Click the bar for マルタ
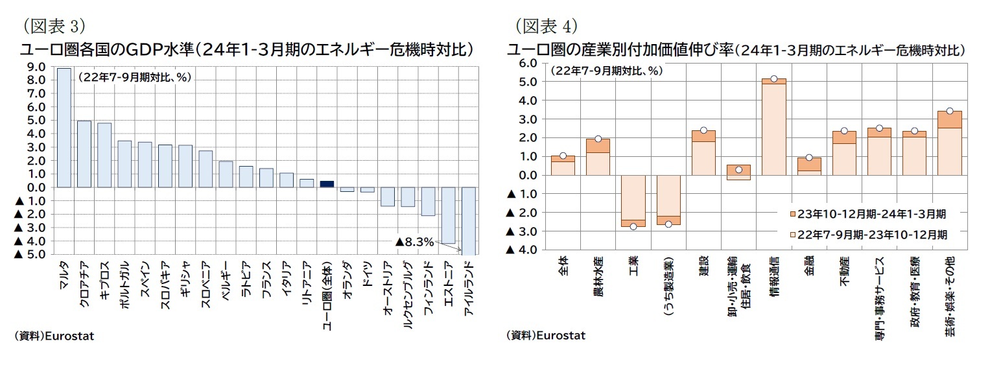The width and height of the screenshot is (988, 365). tap(64, 128)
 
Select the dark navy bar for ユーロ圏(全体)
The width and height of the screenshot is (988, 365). tap(327, 184)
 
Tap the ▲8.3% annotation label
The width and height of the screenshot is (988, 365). tap(414, 242)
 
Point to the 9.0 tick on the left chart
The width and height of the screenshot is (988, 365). tap(36, 66)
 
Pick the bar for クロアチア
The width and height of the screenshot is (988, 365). tap(84, 154)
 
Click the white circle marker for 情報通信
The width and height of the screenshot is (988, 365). tap(773, 79)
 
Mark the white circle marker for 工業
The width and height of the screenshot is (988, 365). tap(633, 226)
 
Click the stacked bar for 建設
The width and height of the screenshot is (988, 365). tap(703, 153)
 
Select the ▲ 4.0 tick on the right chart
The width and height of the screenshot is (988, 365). tap(523, 250)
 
